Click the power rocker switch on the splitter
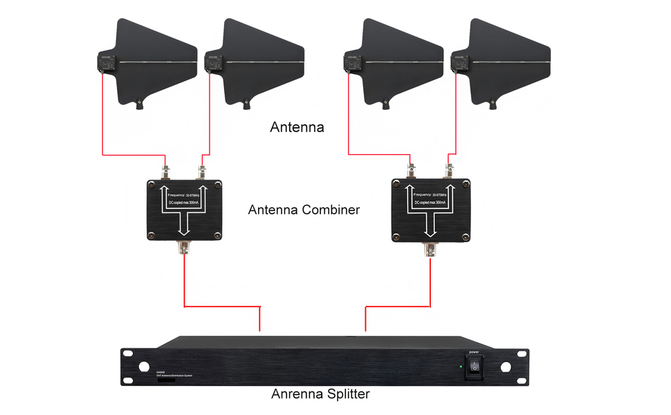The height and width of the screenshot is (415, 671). click(475, 367)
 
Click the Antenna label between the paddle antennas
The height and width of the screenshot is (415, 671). click(297, 127)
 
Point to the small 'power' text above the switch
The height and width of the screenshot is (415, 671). click(475, 352)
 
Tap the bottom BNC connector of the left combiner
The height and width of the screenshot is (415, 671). click(185, 249)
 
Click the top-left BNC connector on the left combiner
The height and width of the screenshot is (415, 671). click(166, 172)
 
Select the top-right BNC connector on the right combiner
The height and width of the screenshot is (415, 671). click(449, 169)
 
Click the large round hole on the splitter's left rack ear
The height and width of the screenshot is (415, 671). click(145, 367)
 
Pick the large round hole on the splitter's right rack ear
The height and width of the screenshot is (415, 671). click(506, 367)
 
